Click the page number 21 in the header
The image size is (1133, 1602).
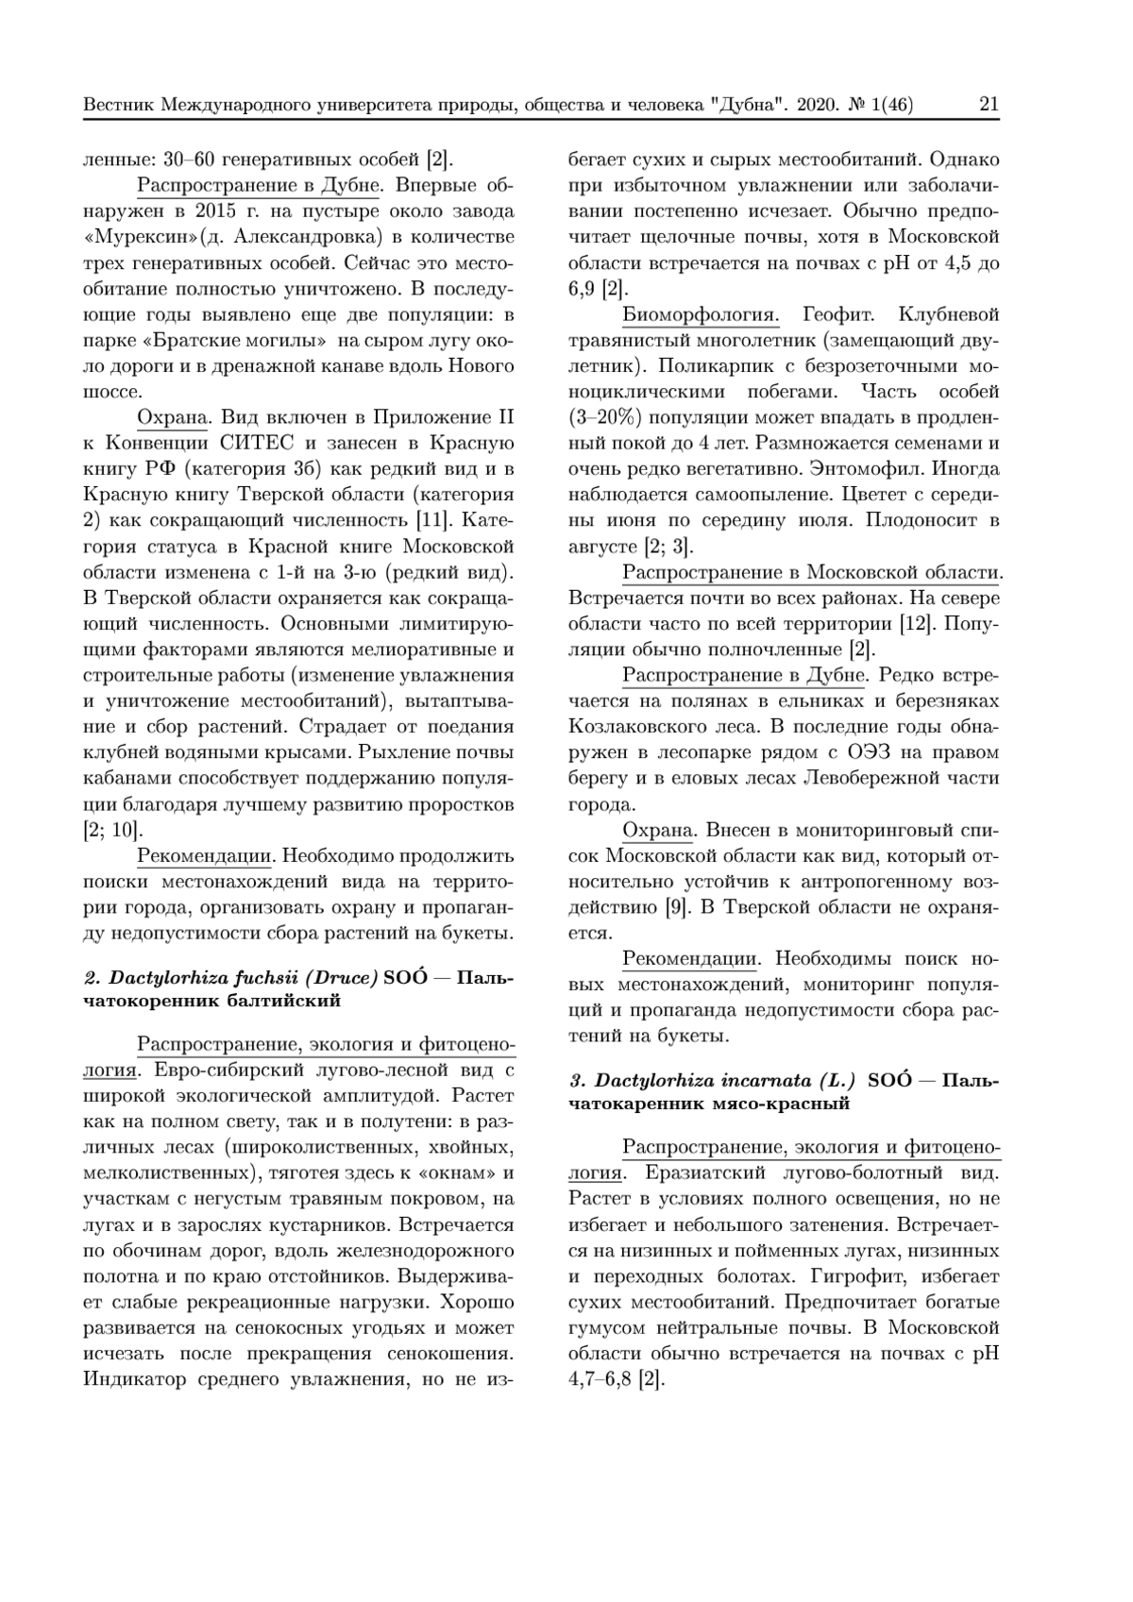coord(989,105)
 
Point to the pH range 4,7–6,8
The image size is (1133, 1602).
coord(600,1379)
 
